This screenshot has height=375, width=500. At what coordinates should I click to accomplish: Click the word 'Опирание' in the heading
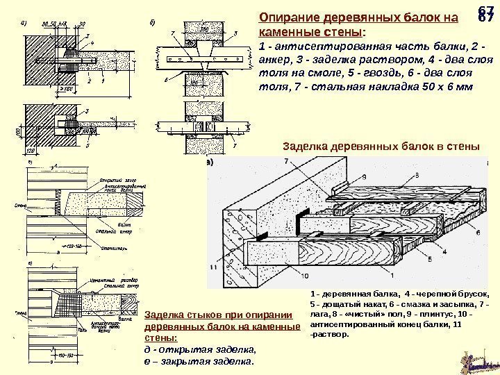285,19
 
